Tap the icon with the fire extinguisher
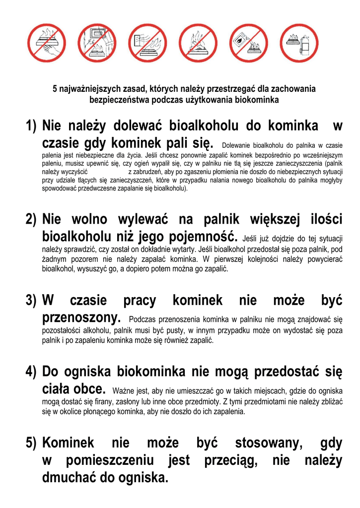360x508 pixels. click(299, 43)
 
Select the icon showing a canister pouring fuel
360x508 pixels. click(249, 43)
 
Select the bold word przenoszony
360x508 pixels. click(82, 317)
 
